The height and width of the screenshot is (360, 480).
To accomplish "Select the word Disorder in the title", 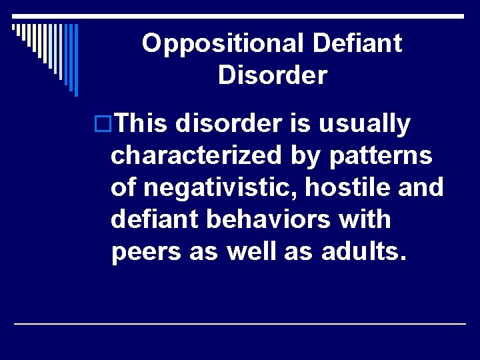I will point(272,75).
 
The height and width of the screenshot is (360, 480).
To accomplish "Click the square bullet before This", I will point(103,125).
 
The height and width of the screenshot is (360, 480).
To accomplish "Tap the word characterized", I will point(197,156).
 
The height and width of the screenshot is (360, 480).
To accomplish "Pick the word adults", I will point(362,253).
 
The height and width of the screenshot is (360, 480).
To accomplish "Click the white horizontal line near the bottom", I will point(240,323).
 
